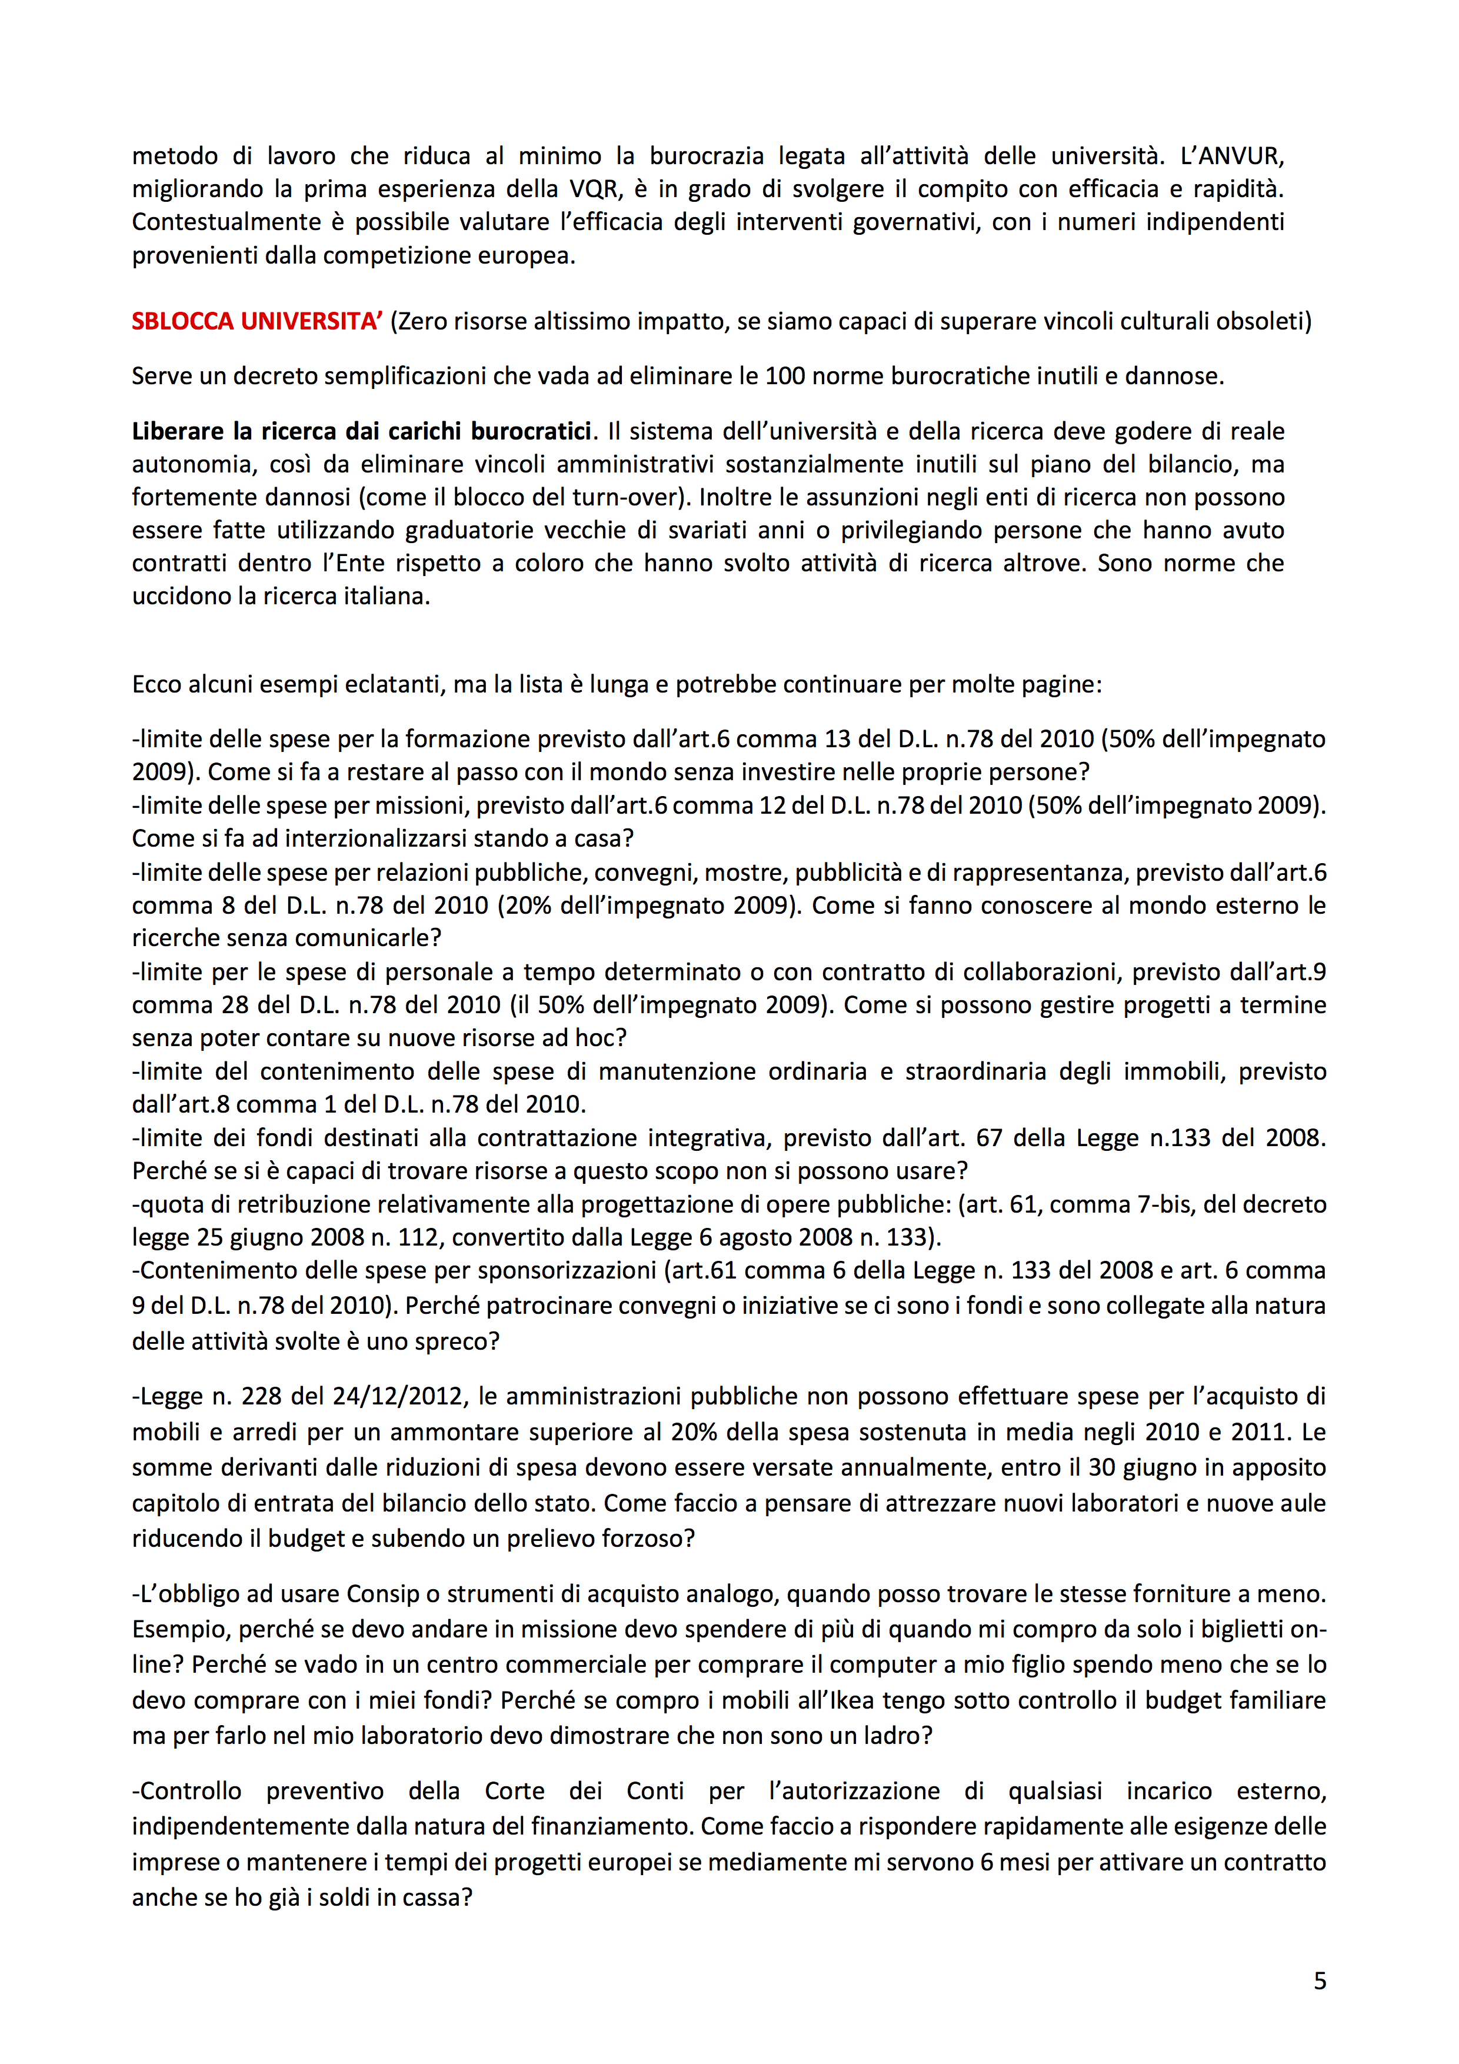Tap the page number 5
click(1320, 1980)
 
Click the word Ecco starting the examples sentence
click(156, 684)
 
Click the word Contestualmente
click(226, 222)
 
